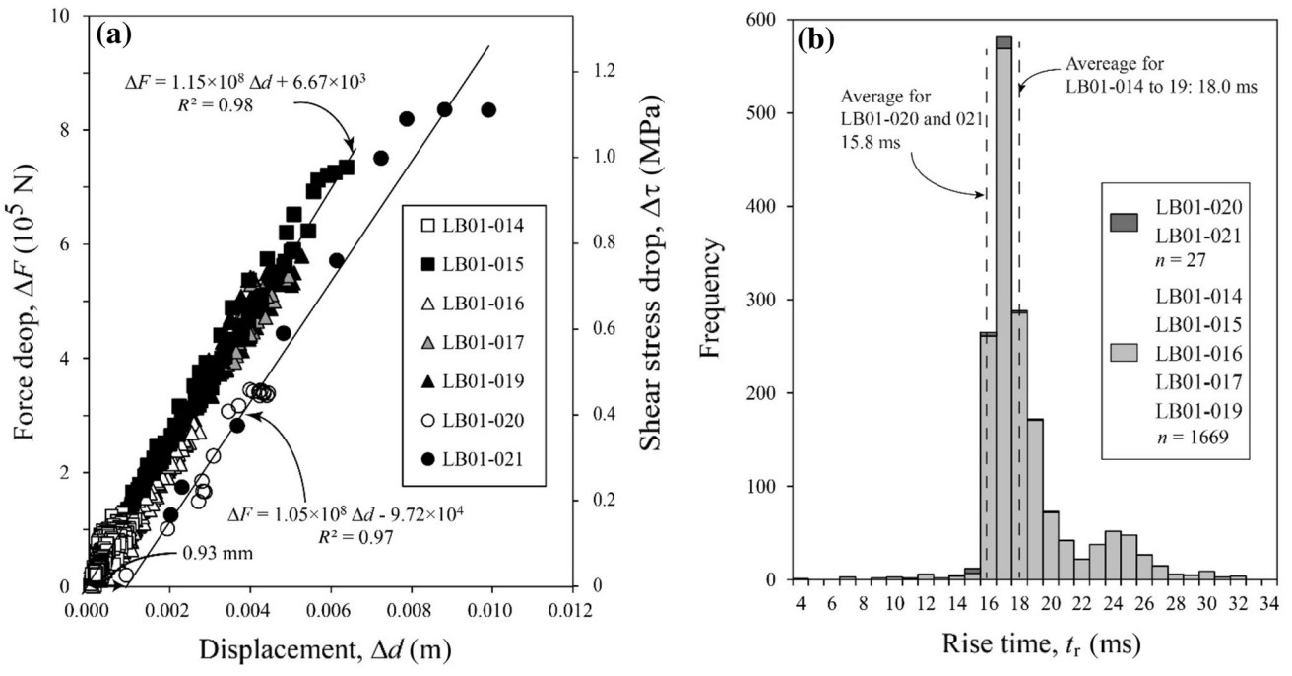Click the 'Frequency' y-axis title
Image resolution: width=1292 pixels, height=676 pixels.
point(711,300)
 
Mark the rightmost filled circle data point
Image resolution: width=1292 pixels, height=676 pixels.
point(487,109)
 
